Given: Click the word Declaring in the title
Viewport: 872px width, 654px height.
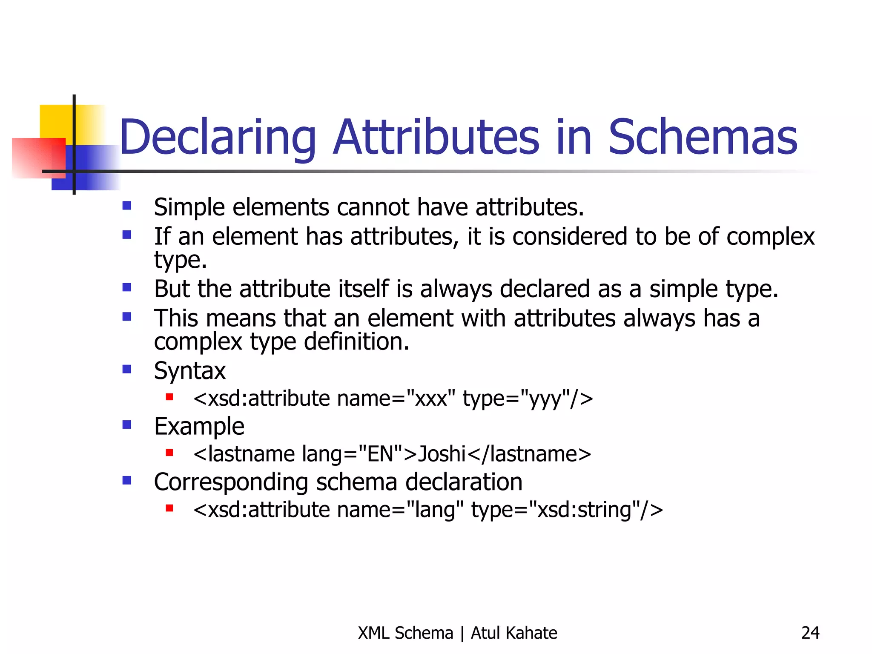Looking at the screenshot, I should tap(218, 138).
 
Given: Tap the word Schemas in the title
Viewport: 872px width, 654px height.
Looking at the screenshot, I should tap(703, 138).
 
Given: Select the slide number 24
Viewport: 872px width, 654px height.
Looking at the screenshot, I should tap(810, 633).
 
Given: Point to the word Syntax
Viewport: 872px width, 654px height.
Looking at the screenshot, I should tap(190, 371).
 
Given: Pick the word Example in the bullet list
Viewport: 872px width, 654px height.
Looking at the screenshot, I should tap(199, 426).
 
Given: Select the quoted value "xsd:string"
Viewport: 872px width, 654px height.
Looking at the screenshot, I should tap(585, 510).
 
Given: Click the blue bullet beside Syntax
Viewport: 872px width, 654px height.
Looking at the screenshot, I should tap(127, 369).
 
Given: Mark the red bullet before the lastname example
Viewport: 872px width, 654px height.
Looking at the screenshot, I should tap(169, 453).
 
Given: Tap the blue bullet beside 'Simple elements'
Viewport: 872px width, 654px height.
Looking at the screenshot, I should tap(127, 206).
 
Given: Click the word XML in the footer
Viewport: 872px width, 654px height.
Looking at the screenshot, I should tap(374, 633).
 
